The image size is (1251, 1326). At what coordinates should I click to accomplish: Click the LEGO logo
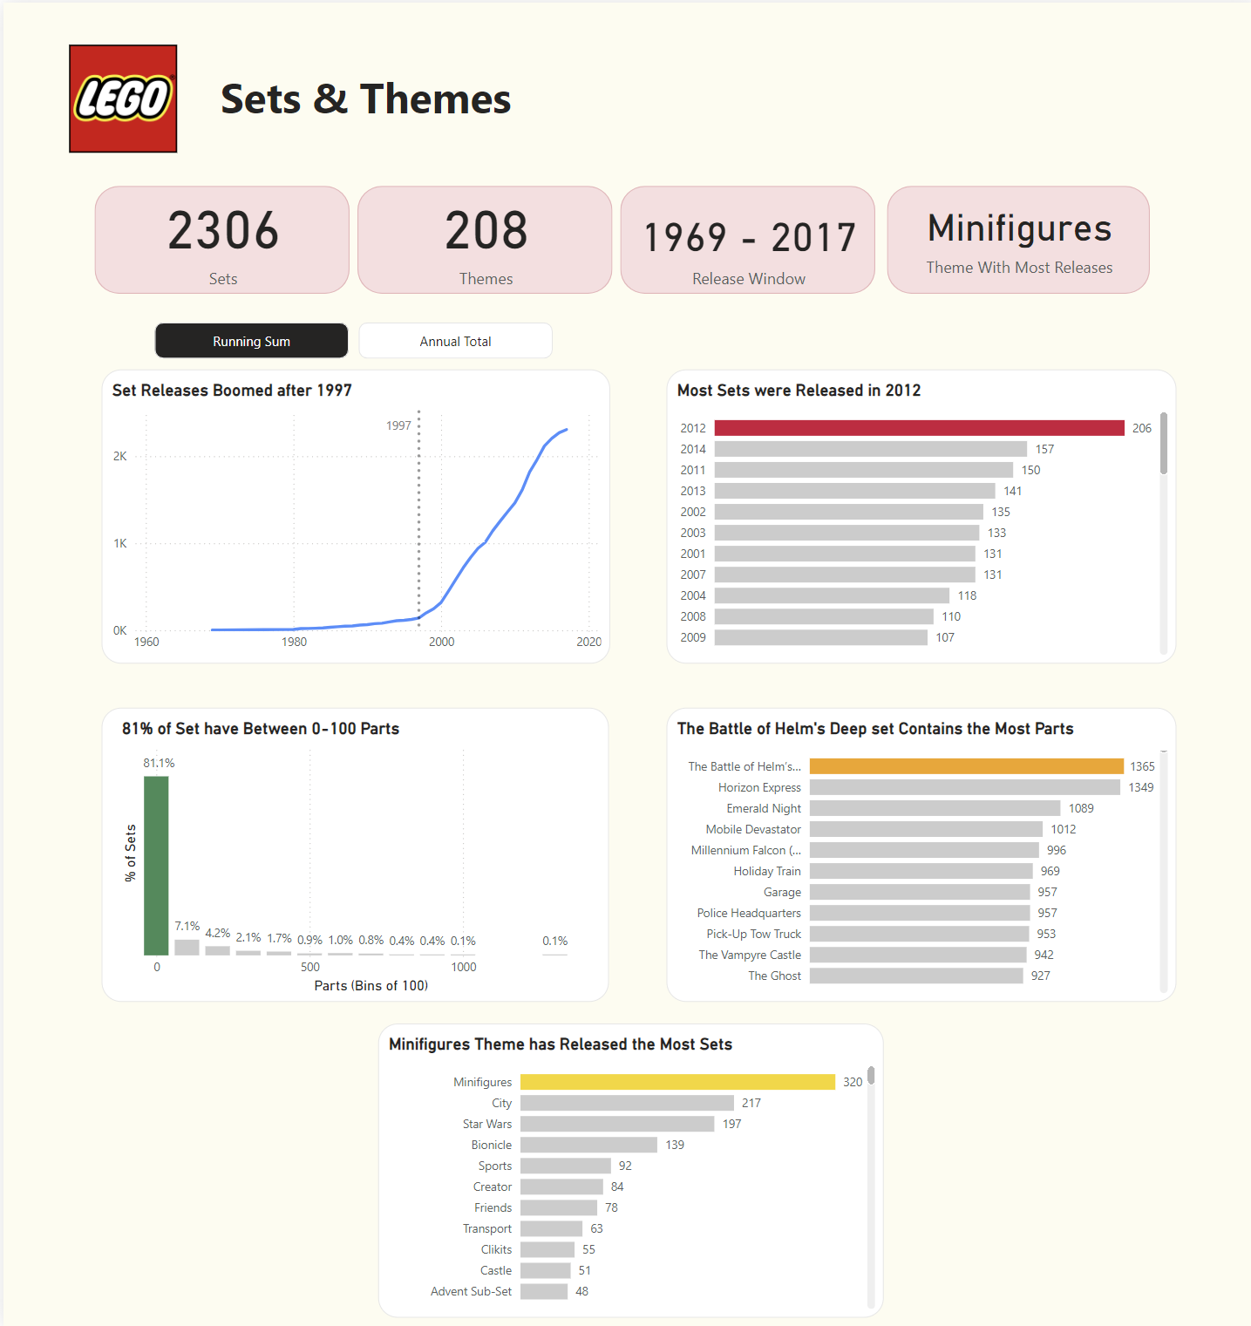pos(123,99)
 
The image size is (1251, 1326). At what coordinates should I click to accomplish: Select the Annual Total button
pos(455,341)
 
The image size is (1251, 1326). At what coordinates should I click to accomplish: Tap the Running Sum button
pos(251,341)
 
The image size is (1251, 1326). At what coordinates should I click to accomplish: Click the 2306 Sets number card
pos(222,231)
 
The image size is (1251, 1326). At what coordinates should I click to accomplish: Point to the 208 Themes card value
pos(486,231)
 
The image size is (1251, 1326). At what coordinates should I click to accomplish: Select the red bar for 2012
pos(919,428)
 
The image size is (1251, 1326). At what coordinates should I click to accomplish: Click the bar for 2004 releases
pos(831,595)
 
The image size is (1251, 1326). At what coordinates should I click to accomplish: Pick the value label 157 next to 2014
pos(1044,449)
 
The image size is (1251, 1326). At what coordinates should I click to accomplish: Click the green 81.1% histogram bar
pos(156,866)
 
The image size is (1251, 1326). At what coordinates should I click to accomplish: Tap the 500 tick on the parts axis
pos(310,967)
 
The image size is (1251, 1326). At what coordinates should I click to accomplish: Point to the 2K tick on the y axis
pos(120,456)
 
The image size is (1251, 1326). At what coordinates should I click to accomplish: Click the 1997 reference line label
pos(398,425)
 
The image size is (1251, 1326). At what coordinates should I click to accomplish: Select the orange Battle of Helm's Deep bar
pos(966,766)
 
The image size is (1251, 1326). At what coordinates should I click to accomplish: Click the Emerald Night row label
pos(764,808)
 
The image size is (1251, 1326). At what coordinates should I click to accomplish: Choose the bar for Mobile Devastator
pos(926,829)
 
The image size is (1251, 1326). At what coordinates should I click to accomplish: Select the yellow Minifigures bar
pos(677,1082)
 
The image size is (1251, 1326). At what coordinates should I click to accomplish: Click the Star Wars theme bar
pos(617,1124)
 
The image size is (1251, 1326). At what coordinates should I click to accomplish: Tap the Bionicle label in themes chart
pos(492,1145)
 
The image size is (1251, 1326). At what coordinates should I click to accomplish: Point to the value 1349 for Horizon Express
pos(1140,787)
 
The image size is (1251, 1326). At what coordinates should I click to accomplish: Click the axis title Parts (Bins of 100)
pos(371,985)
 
